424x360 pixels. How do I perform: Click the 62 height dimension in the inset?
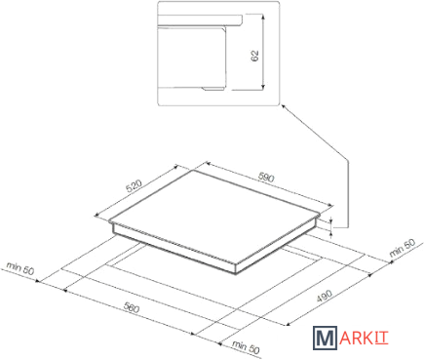point(254,56)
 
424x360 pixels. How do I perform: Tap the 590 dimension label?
point(266,178)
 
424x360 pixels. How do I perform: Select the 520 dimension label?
point(135,186)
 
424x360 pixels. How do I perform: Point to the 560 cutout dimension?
point(131,307)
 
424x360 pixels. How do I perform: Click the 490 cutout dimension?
point(323,297)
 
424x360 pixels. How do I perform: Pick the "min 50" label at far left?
point(20,268)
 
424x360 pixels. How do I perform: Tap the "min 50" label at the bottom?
point(246,347)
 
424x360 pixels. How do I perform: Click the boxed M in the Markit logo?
point(324,338)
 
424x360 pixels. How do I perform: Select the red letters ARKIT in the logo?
point(362,339)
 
